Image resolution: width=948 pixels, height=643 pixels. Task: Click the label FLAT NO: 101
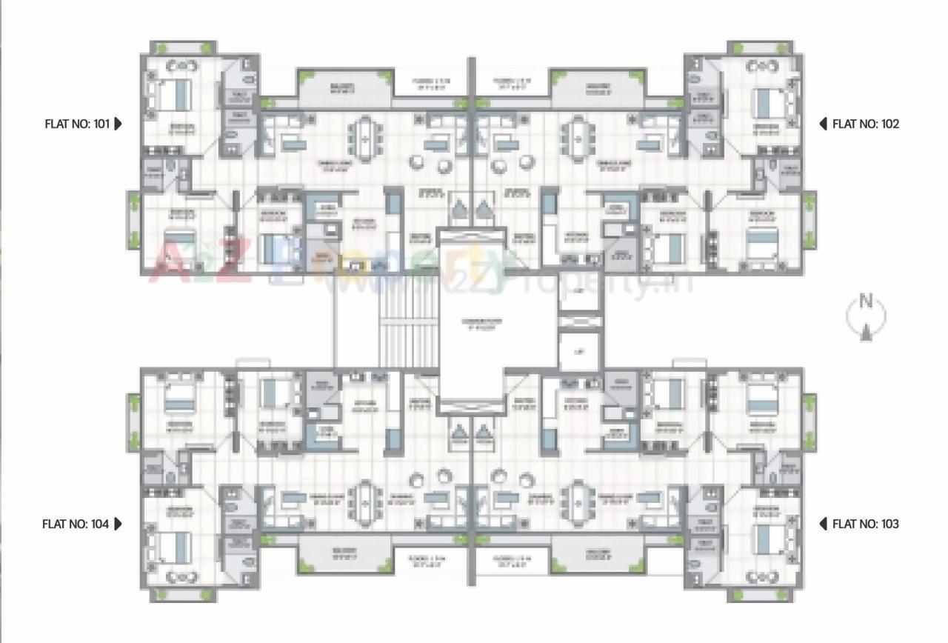[x=77, y=124]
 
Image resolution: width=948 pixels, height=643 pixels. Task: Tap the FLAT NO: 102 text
[x=865, y=124]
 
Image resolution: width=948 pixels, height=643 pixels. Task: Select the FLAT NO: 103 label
[x=865, y=524]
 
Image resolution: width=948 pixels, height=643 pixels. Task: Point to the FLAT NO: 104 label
[x=76, y=524]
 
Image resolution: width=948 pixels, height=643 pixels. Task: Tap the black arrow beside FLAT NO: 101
[x=118, y=124]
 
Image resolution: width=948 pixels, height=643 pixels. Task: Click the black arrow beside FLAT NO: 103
[x=823, y=524]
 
